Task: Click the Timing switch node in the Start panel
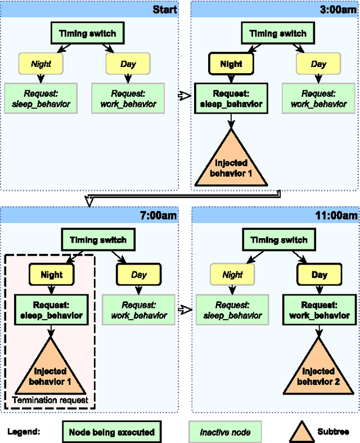point(87,33)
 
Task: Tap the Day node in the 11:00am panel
point(319,275)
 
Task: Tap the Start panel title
point(165,10)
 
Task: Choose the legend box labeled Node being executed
point(111,432)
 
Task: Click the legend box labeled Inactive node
point(224,432)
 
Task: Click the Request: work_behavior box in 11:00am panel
point(319,309)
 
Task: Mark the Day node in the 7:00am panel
point(139,275)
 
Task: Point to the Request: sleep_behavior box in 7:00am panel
point(51,309)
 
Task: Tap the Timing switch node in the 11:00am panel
point(278,240)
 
